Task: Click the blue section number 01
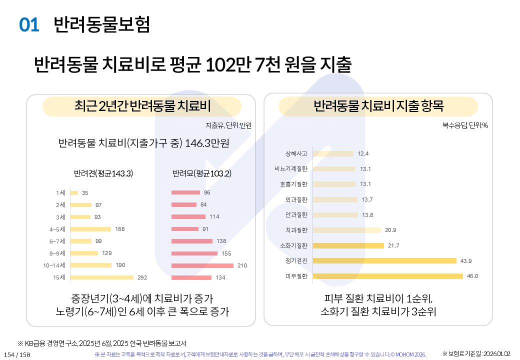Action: (29, 25)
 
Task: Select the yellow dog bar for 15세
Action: (102, 277)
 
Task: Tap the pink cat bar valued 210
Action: (202, 265)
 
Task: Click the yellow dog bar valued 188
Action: (90, 229)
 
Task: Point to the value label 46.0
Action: (472, 276)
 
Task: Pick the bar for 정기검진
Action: (384, 260)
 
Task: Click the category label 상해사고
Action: (296, 153)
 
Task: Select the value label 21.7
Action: (393, 245)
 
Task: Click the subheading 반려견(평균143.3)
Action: (103, 174)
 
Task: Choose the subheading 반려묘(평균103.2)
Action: (201, 174)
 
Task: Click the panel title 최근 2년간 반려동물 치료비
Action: (142, 106)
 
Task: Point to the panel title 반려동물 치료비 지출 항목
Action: (378, 106)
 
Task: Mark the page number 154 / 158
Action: (17, 354)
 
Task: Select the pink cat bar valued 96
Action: (185, 192)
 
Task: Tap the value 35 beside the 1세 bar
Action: (85, 193)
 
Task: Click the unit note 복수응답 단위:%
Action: (465, 125)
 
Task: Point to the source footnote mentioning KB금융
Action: (102, 343)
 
